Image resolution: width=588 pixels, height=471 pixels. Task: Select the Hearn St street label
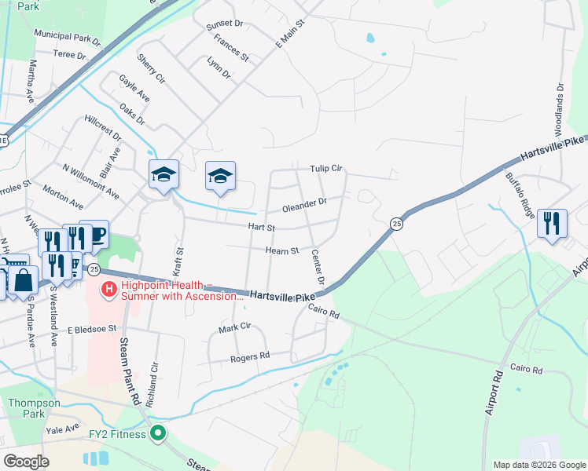[282, 251]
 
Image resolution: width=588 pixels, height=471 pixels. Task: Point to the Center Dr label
[318, 267]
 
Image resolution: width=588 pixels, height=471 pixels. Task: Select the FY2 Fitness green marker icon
[159, 433]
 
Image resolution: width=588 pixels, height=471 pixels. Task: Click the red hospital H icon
[108, 290]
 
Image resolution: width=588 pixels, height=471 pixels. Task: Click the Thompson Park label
[34, 408]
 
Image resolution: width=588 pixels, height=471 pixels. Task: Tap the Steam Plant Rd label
[130, 371]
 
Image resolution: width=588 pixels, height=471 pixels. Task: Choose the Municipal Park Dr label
[68, 36]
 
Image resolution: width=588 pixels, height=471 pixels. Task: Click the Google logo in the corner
[27, 462]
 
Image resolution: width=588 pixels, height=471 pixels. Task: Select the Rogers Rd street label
[250, 357]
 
